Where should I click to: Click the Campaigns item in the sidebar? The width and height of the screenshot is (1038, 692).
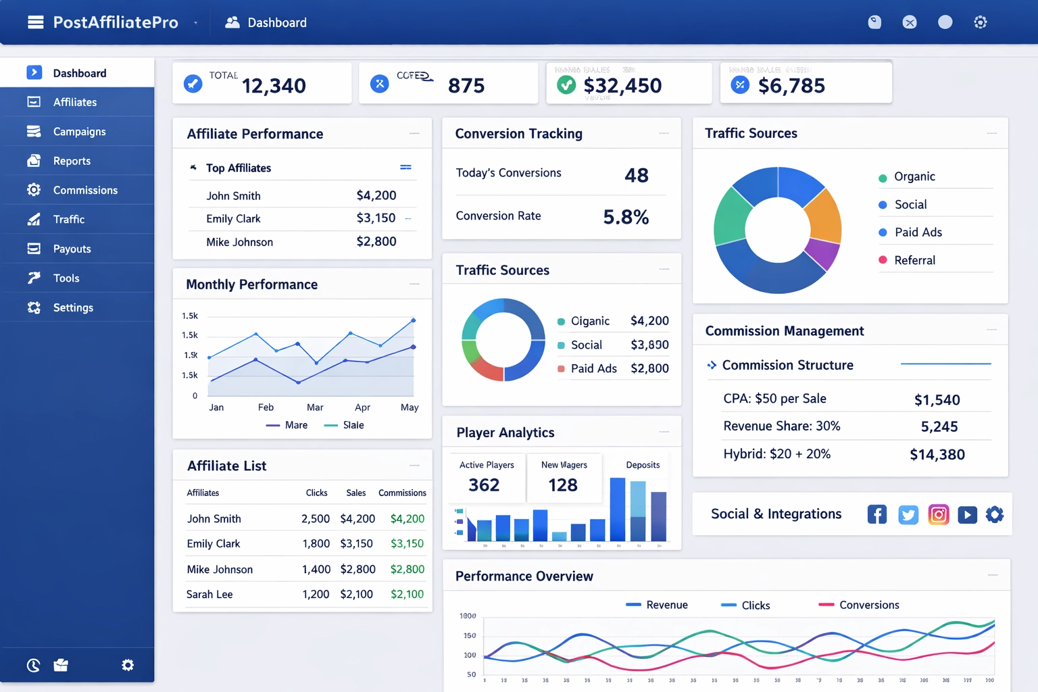click(x=79, y=132)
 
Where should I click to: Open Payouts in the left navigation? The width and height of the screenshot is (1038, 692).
click(x=72, y=249)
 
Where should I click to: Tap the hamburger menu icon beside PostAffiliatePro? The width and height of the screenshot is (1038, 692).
click(x=35, y=22)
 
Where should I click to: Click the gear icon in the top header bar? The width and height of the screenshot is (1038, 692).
click(x=980, y=22)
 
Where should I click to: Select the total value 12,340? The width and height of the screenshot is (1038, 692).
click(x=274, y=86)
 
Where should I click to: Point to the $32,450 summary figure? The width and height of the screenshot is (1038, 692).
click(x=622, y=86)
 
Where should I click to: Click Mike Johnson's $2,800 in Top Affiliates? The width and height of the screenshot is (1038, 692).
click(x=376, y=242)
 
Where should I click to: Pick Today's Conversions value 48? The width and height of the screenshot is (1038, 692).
click(x=636, y=176)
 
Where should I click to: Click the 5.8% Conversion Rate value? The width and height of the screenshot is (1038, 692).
click(x=626, y=217)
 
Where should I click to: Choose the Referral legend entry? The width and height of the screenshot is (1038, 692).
click(x=914, y=260)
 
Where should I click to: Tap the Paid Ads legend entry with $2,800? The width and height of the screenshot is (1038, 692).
click(x=593, y=368)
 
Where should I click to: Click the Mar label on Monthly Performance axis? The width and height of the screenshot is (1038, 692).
click(x=315, y=407)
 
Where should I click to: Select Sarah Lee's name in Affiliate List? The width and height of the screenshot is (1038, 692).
click(x=209, y=595)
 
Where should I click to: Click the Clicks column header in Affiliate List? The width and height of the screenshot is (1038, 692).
click(x=316, y=493)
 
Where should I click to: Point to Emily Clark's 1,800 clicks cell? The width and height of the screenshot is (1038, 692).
click(x=316, y=544)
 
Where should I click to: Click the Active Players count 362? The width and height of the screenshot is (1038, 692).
click(x=484, y=485)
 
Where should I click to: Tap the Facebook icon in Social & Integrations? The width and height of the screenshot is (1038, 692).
click(x=876, y=515)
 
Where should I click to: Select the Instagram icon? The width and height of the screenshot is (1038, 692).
click(x=938, y=515)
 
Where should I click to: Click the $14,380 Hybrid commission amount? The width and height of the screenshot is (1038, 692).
click(x=937, y=455)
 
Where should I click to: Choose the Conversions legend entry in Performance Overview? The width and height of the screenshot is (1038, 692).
click(x=868, y=605)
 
